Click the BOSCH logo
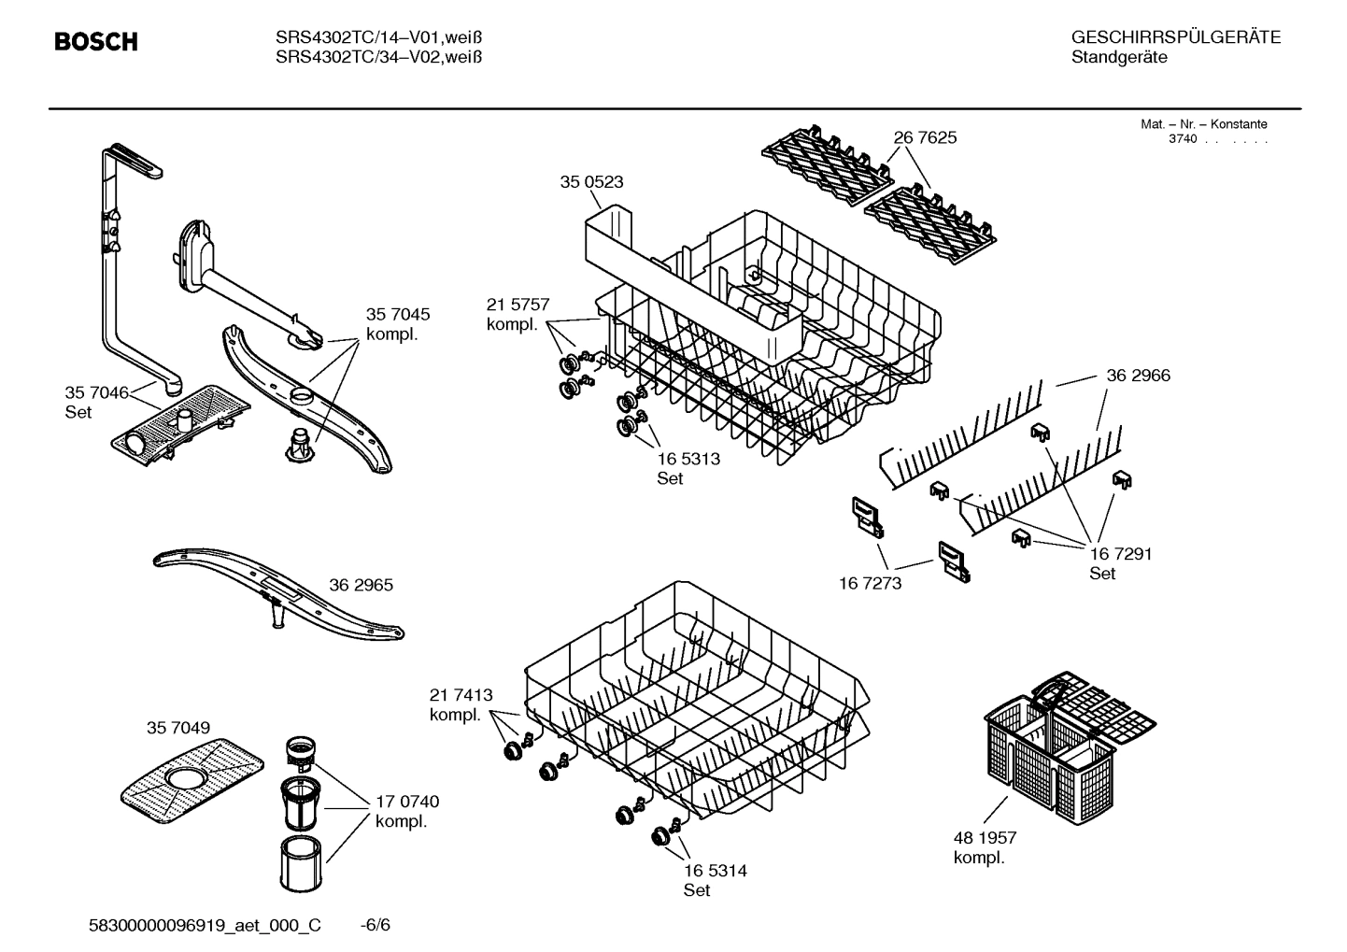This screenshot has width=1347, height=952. click(x=96, y=42)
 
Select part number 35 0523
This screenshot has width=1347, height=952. click(x=591, y=182)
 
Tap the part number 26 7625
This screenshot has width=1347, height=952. click(x=925, y=138)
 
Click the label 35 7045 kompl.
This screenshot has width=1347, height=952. click(x=398, y=324)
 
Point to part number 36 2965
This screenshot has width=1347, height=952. click(x=361, y=586)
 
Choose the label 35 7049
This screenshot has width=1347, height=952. click(x=177, y=728)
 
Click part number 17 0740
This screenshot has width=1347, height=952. click(x=406, y=802)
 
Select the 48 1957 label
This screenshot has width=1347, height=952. click(x=985, y=838)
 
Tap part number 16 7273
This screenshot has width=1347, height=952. click(x=870, y=584)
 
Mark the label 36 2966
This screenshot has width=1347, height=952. click(x=1138, y=376)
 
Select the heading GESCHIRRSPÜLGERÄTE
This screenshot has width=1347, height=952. click(x=1175, y=38)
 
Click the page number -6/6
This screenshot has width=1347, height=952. click(x=375, y=925)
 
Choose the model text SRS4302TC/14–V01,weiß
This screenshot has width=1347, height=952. click(x=378, y=38)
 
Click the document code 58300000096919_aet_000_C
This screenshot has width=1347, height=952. click(x=205, y=925)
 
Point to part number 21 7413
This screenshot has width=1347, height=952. click(x=461, y=695)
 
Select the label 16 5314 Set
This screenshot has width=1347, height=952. click(x=715, y=880)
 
